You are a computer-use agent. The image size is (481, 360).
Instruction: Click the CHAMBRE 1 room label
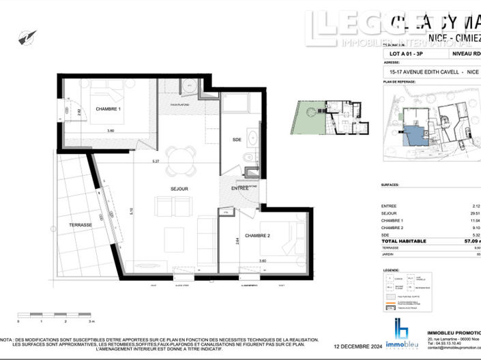pos(108,109)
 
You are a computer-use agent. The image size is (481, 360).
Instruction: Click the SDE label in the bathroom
pos(237,139)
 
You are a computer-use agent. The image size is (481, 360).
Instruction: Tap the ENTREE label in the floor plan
pos(240,188)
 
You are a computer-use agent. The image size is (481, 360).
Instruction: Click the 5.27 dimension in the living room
pos(156,162)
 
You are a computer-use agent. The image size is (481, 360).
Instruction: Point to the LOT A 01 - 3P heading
pos(404,52)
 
